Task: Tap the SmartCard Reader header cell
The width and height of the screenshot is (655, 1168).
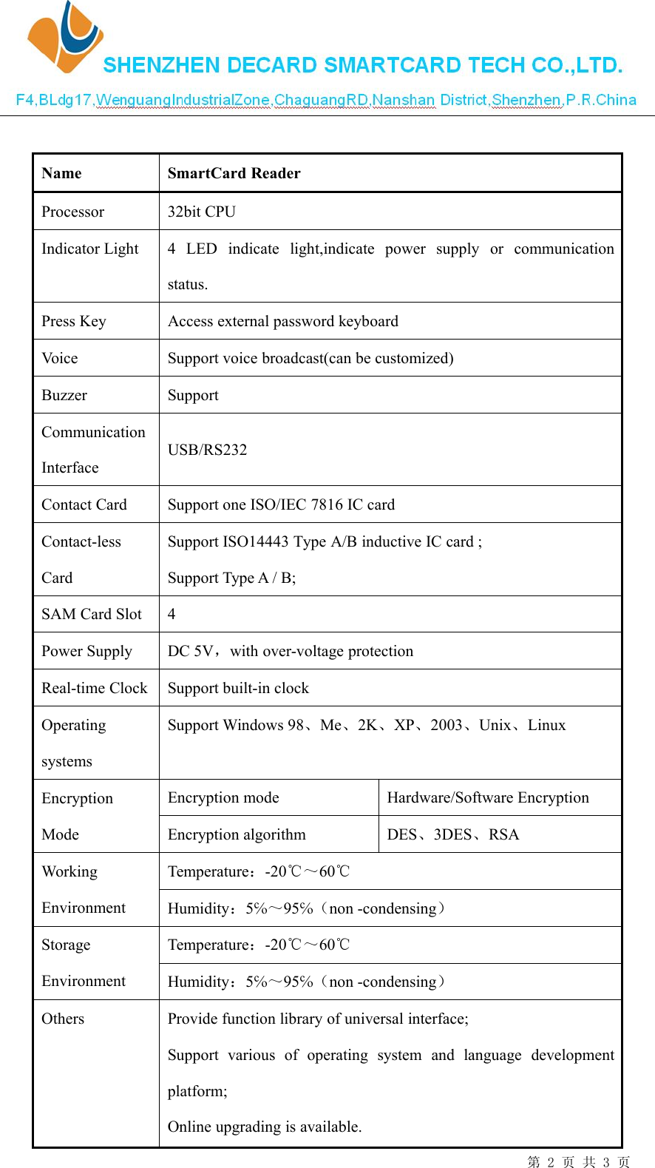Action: pyautogui.click(x=234, y=173)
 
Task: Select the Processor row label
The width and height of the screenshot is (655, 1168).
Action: pyautogui.click(x=72, y=212)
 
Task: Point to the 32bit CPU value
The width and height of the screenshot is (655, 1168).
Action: pyautogui.click(x=201, y=212)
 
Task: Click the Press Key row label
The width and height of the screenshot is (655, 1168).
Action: pyautogui.click(x=74, y=321)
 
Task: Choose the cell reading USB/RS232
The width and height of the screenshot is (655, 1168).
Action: pyautogui.click(x=207, y=450)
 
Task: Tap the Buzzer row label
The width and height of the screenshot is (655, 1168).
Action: pyautogui.click(x=64, y=395)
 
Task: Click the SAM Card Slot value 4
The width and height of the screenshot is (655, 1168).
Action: pyautogui.click(x=172, y=614)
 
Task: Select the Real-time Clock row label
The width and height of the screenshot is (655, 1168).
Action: pyautogui.click(x=95, y=688)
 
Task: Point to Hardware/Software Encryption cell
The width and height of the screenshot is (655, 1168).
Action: pyautogui.click(x=488, y=797)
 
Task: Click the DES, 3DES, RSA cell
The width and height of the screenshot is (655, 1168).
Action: pyautogui.click(x=453, y=834)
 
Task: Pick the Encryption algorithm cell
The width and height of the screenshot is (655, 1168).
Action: pyautogui.click(x=237, y=834)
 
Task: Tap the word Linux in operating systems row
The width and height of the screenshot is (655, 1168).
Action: pyautogui.click(x=546, y=725)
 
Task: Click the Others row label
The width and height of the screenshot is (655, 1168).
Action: pyautogui.click(x=63, y=1019)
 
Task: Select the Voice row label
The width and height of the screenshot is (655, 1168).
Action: pyautogui.click(x=60, y=358)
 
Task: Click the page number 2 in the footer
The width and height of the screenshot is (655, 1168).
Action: pyautogui.click(x=550, y=1162)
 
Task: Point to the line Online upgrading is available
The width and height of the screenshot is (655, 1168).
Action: pyautogui.click(x=265, y=1127)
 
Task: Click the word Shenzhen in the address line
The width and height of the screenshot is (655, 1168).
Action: pyautogui.click(x=526, y=100)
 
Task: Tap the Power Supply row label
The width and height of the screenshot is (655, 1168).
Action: pyautogui.click(x=86, y=651)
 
